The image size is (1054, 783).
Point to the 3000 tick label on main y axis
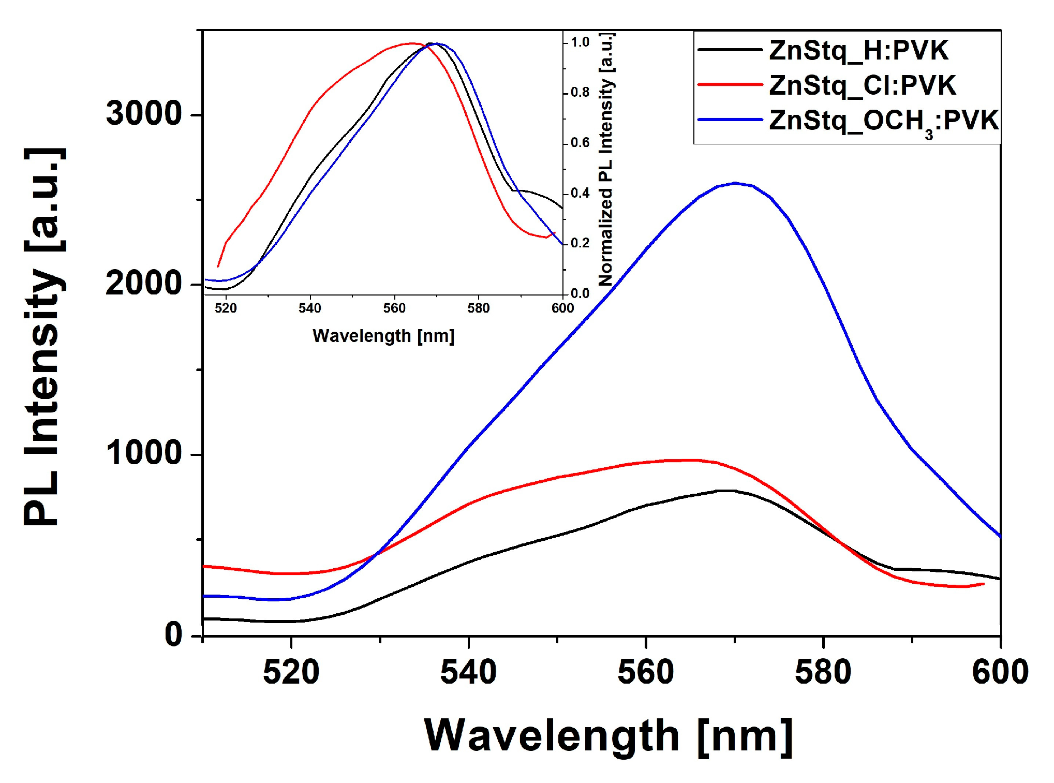144,113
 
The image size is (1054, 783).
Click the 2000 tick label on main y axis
144,284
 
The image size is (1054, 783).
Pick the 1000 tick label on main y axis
144,453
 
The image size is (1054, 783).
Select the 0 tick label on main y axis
174,634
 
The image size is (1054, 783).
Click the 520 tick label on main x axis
291,672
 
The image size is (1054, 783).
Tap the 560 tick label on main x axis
646,672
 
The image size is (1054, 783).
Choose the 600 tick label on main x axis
1000,672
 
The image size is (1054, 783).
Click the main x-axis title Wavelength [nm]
608,736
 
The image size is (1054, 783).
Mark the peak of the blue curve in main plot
735,183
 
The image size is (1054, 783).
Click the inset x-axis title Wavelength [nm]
383,336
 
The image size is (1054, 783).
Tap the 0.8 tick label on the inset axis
580,93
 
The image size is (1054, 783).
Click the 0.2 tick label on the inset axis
580,243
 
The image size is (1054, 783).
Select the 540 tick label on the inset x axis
309,308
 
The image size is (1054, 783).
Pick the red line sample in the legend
730,84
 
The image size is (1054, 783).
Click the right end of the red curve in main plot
983,584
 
